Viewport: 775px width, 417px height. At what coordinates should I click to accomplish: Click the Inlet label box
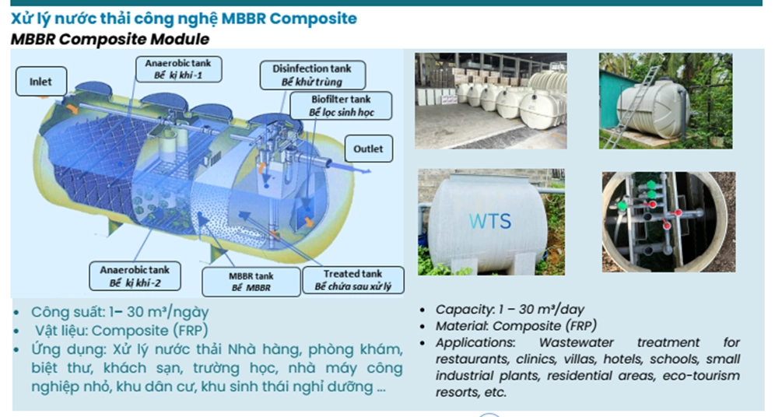pyautogui.click(x=41, y=82)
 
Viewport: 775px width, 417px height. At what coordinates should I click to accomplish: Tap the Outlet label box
pyautogui.click(x=368, y=149)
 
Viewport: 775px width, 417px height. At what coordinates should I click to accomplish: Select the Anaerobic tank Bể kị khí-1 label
pyautogui.click(x=178, y=69)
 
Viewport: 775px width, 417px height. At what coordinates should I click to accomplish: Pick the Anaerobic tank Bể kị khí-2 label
pyautogui.click(x=135, y=276)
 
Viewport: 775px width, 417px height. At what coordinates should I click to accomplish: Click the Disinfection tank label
pyautogui.click(x=312, y=75)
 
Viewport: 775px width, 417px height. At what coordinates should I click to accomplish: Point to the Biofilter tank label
pyautogui.click(x=341, y=106)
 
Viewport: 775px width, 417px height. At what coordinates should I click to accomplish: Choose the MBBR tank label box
pyautogui.click(x=251, y=282)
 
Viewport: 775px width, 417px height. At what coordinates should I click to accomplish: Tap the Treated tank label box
pyautogui.click(x=353, y=280)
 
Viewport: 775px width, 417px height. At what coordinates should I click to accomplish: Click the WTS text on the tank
pyautogui.click(x=489, y=222)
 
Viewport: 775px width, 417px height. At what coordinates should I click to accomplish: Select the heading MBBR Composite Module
pyautogui.click(x=110, y=39)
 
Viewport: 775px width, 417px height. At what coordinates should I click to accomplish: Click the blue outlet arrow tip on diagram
pyautogui.click(x=370, y=171)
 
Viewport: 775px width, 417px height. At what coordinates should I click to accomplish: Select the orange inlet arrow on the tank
pyautogui.click(x=71, y=107)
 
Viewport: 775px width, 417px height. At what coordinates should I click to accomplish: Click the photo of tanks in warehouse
pyautogui.click(x=491, y=101)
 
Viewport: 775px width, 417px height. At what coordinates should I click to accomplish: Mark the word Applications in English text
pyautogui.click(x=475, y=343)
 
